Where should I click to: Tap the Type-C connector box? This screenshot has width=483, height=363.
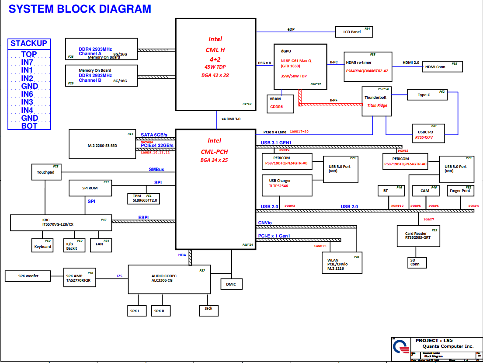(427, 95)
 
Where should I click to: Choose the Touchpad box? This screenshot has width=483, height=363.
(46, 172)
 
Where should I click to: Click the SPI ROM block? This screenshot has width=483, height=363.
(90, 188)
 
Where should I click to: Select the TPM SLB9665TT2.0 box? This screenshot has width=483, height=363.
(144, 198)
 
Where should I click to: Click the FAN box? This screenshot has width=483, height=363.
(100, 244)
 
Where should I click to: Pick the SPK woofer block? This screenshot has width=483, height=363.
(28, 276)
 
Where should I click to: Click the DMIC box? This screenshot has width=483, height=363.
(231, 284)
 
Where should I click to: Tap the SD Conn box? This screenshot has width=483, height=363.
(415, 262)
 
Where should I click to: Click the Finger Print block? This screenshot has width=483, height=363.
(461, 191)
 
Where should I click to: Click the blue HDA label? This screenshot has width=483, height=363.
(182, 255)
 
